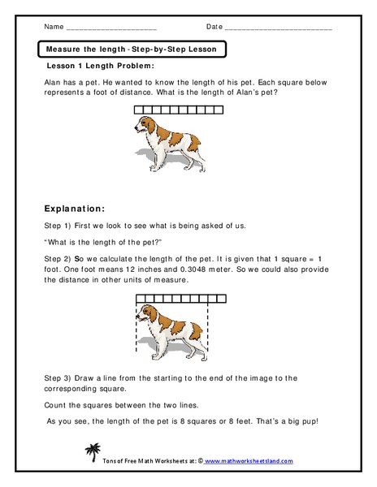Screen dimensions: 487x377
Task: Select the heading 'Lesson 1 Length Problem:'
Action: coord(102,66)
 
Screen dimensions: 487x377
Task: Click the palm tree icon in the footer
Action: coord(92,452)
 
